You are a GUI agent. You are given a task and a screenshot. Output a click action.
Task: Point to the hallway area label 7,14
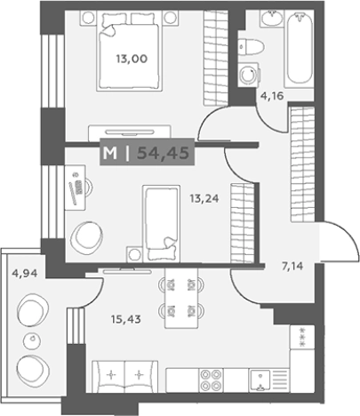coord(292,265)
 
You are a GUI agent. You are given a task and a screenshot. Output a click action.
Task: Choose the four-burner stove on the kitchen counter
coord(212,380)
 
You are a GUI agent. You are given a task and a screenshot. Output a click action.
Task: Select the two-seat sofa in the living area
coord(126,376)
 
